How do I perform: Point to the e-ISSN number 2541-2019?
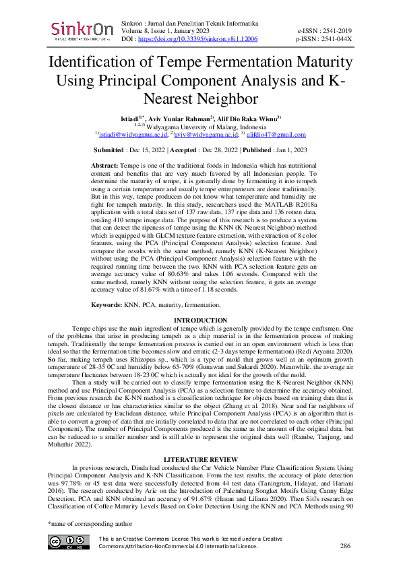(x=335, y=31)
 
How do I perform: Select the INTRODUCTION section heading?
(x=200, y=320)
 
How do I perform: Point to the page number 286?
(x=346, y=545)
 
